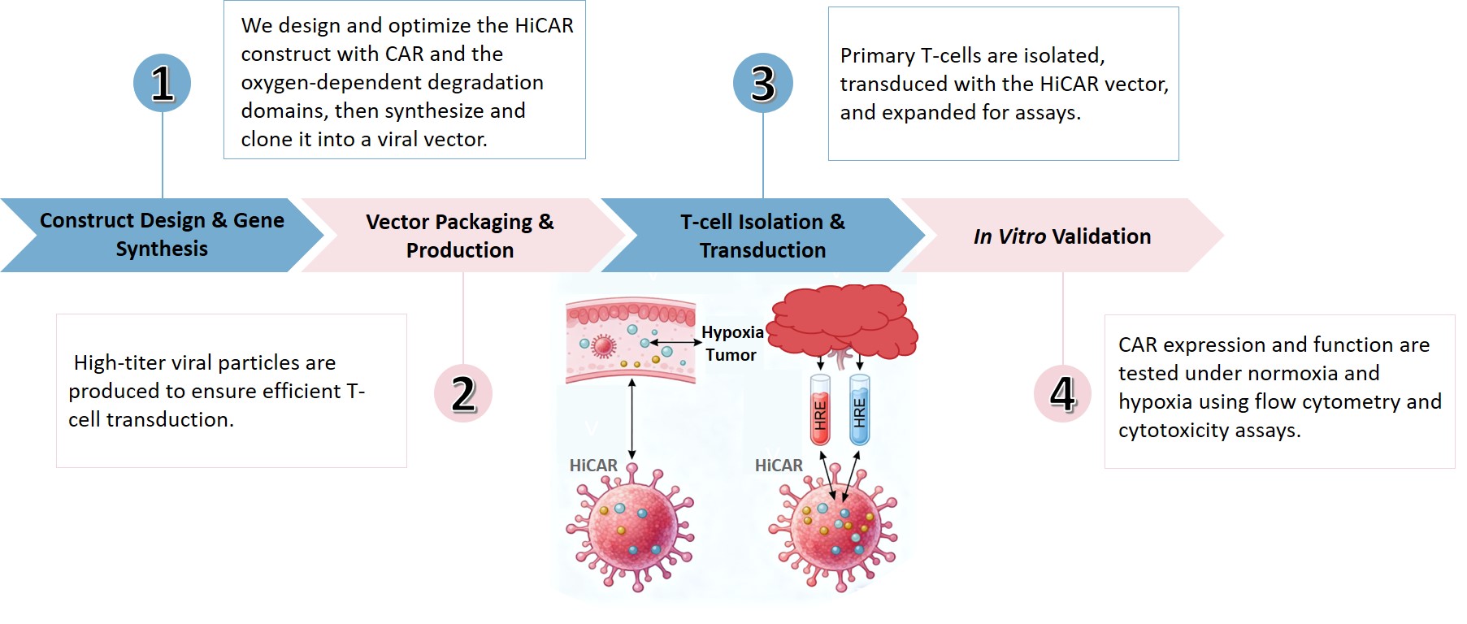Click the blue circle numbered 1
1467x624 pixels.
click(x=163, y=83)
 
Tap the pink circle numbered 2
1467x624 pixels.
click(x=463, y=393)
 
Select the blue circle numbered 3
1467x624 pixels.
click(x=762, y=83)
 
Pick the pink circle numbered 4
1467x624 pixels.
click(x=1062, y=393)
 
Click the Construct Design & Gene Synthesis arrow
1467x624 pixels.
click(x=162, y=235)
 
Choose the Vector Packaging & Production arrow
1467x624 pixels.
click(x=460, y=236)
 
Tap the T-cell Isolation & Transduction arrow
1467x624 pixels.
click(x=762, y=236)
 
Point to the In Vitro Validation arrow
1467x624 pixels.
click(x=1061, y=236)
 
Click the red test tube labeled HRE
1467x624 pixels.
click(x=820, y=409)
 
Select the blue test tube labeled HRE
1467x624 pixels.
click(x=859, y=409)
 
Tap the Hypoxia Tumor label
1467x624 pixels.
click(x=731, y=344)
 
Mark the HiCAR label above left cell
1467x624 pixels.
click(x=593, y=466)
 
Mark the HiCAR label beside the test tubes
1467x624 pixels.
click(x=779, y=466)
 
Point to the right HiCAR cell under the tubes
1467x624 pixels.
click(x=834, y=529)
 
